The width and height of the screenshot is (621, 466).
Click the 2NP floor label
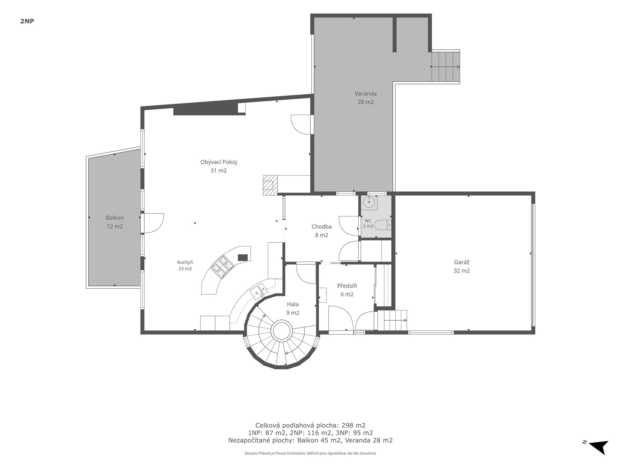[27, 21]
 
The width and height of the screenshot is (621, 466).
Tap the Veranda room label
[365, 98]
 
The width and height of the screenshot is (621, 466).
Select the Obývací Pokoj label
[219, 166]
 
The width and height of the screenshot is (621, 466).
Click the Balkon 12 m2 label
[115, 222]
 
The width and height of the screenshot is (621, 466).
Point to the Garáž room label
[462, 266]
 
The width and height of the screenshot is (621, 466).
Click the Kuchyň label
[185, 265]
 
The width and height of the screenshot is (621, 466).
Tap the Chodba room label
[321, 231]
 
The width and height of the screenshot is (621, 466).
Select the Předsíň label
[347, 290]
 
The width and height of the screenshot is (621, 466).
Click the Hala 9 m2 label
[293, 308]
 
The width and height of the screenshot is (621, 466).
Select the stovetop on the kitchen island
[223, 267]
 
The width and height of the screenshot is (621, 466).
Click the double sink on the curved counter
[259, 290]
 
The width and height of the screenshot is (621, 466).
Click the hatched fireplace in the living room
[270, 185]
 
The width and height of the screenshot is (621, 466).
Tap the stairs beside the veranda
[446, 67]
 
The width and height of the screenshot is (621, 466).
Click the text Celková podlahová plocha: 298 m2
[310, 425]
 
